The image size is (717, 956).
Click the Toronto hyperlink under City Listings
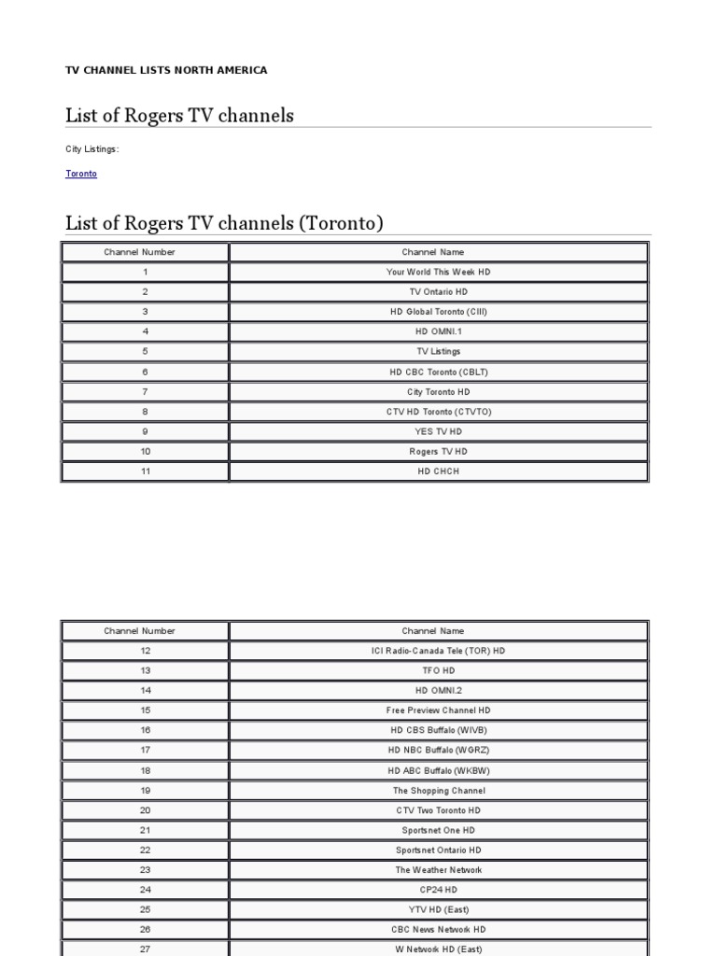click(81, 174)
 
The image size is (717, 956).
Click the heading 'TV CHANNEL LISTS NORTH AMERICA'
click(166, 70)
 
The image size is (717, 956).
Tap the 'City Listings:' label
click(92, 149)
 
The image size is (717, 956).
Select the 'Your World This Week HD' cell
click(438, 272)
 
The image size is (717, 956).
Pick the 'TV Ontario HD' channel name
click(438, 291)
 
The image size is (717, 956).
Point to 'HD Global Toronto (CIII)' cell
click(438, 312)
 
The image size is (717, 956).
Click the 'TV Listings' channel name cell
click(438, 351)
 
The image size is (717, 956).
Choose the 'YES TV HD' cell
click(438, 431)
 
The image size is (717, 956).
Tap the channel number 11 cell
click(146, 471)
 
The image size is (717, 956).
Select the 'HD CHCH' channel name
click(438, 471)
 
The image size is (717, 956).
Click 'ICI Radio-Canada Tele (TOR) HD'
click(438, 651)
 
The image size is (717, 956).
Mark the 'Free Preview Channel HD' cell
click(438, 710)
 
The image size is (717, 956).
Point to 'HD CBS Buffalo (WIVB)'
click(438, 730)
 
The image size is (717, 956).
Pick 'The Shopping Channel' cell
click(438, 791)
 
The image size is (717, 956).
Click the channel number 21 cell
click(146, 830)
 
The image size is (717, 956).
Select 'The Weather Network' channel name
click(438, 870)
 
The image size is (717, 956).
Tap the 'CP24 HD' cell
click(438, 890)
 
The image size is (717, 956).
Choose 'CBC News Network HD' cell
click(438, 930)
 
